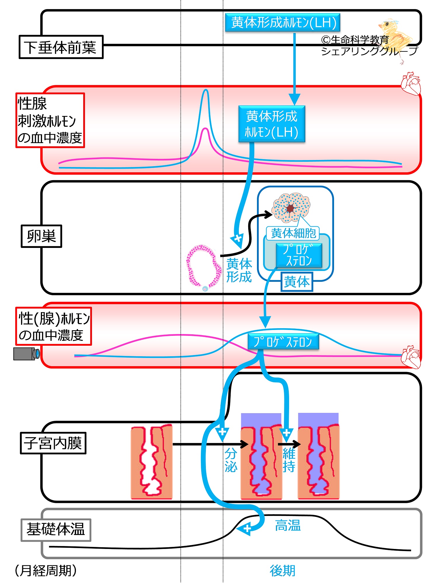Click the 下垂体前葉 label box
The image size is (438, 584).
coord(61,47)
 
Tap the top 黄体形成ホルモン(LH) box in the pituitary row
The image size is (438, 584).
coord(283,22)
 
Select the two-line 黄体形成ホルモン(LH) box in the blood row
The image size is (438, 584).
coord(272,124)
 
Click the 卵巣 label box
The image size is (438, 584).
coord(41,236)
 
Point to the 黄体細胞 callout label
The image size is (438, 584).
coord(293,233)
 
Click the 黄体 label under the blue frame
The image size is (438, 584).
coord(297,282)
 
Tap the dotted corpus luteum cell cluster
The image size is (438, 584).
coord(291,207)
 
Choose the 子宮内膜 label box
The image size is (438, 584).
coord(53,443)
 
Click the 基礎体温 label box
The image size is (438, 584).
coord(56,530)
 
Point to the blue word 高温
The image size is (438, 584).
coord(288,525)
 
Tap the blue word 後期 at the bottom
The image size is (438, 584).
coord(282,571)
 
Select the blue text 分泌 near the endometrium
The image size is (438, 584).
coord(231,460)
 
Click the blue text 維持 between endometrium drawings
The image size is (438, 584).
coord(289,460)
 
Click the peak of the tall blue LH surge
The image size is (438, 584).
coord(206,90)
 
